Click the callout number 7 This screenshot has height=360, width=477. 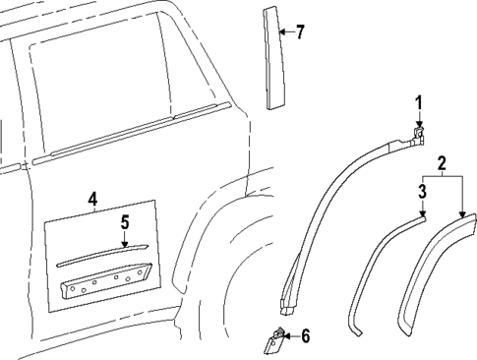300,32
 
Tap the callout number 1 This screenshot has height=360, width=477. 418,101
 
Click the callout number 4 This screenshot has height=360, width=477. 92,200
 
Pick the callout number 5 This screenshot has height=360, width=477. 124,224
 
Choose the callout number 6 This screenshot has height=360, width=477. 304,336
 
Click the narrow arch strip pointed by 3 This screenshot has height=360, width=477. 379,266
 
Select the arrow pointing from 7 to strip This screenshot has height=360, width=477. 287,32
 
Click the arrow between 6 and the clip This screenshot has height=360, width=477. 291,336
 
